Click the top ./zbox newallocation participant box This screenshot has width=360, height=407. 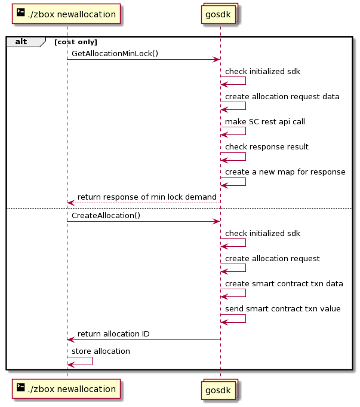(66, 14)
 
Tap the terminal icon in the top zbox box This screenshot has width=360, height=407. (20, 12)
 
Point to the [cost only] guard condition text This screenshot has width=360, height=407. (76, 42)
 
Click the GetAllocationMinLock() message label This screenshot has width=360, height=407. (115, 53)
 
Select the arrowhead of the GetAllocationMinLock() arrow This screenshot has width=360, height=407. (216, 59)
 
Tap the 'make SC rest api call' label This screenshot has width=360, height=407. (265, 122)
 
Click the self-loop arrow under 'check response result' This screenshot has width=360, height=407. (245, 157)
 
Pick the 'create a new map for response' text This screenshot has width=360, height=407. (285, 172)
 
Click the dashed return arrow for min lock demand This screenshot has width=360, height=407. (144, 203)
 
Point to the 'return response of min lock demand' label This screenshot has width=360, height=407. (147, 197)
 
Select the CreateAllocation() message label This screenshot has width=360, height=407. (106, 215)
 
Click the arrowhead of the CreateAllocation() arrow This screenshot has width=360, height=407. (216, 221)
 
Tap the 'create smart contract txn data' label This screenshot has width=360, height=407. (284, 283)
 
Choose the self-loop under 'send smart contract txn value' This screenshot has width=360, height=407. (245, 319)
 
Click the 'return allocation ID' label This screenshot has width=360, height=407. (113, 334)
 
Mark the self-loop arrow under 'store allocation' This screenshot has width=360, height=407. (92, 361)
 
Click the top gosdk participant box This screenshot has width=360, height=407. (220, 14)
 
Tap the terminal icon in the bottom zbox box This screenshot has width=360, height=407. (20, 387)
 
